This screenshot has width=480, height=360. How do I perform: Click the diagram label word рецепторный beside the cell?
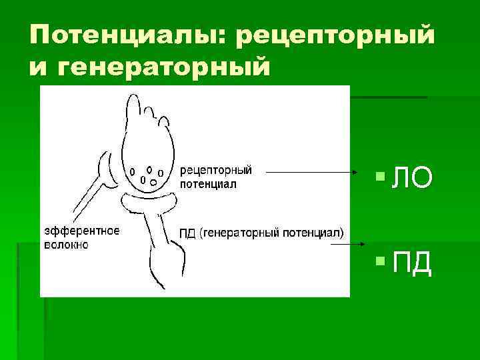[x=216, y=171]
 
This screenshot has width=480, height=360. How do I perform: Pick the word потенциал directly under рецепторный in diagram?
[x=208, y=183]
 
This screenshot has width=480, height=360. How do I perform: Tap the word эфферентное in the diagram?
[x=81, y=231]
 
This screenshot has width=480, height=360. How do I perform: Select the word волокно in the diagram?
[x=66, y=245]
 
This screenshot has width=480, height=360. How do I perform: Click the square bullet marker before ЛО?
[x=380, y=177]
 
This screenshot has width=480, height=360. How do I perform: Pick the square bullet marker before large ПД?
[x=380, y=262]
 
